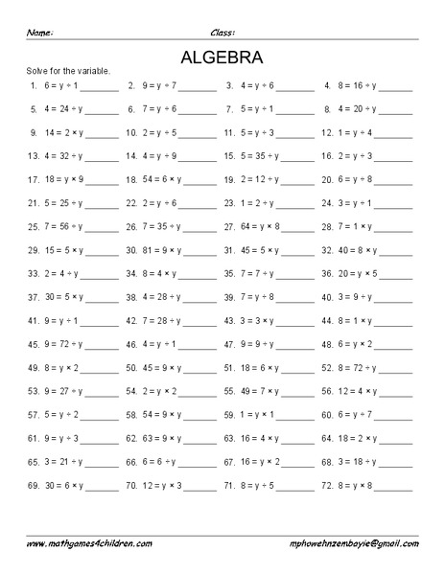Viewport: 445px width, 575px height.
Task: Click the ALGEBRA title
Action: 222,56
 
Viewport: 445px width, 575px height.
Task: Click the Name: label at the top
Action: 39,33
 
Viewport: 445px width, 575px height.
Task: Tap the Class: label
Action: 222,33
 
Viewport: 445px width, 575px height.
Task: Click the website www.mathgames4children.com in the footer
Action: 89,542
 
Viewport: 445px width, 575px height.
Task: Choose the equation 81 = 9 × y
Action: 157,249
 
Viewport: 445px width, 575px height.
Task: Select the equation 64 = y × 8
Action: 257,226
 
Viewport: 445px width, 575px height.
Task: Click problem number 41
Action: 34,320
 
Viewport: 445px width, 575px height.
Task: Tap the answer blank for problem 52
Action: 395,369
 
